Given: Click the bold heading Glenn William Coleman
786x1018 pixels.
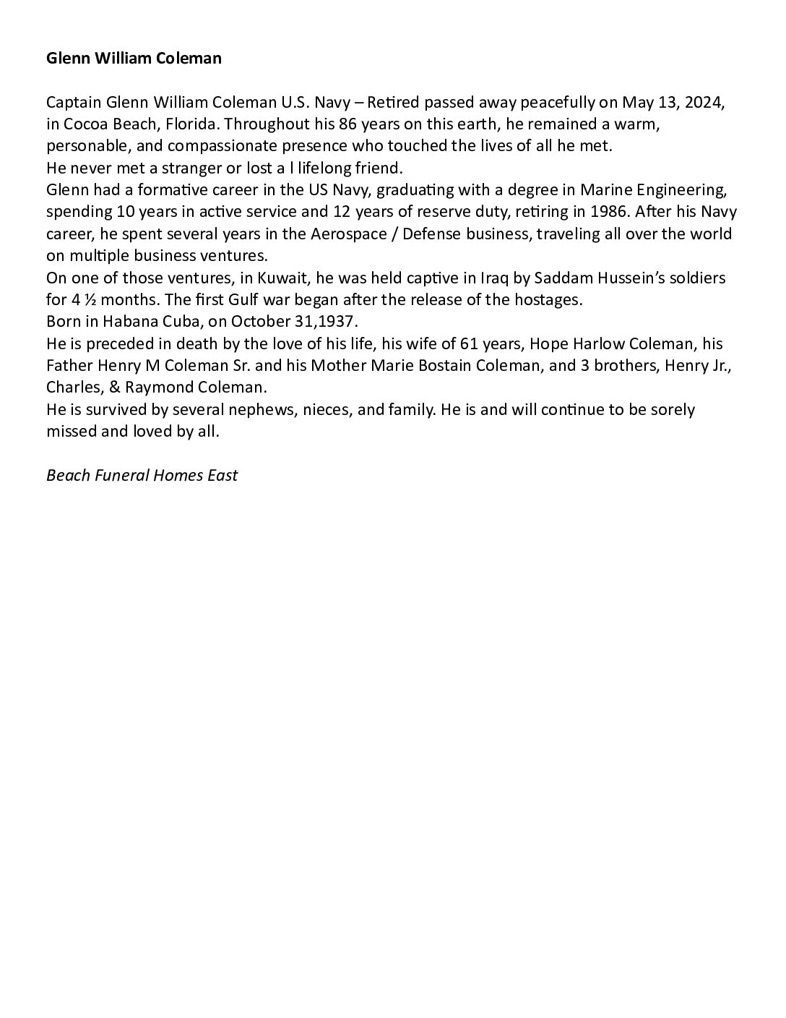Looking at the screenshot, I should click(134, 59).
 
